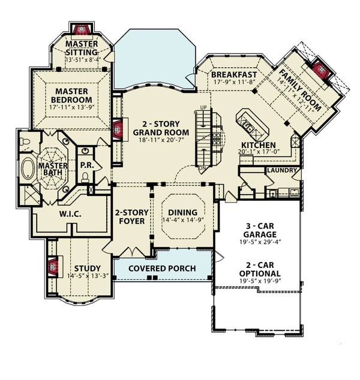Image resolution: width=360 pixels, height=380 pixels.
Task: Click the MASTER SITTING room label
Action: coord(82,48)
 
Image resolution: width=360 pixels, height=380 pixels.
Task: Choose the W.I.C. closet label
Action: coord(71,214)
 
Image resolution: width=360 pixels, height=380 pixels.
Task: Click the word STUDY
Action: coord(87,268)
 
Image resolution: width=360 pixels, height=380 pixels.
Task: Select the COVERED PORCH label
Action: coord(162,268)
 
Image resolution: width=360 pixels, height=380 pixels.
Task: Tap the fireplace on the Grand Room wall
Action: coord(118,129)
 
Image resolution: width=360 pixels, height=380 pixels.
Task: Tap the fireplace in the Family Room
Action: coord(322,71)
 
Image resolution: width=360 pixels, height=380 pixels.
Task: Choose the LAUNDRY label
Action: coord(280,171)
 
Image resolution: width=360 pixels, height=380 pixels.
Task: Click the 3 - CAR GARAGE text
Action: coord(260,230)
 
